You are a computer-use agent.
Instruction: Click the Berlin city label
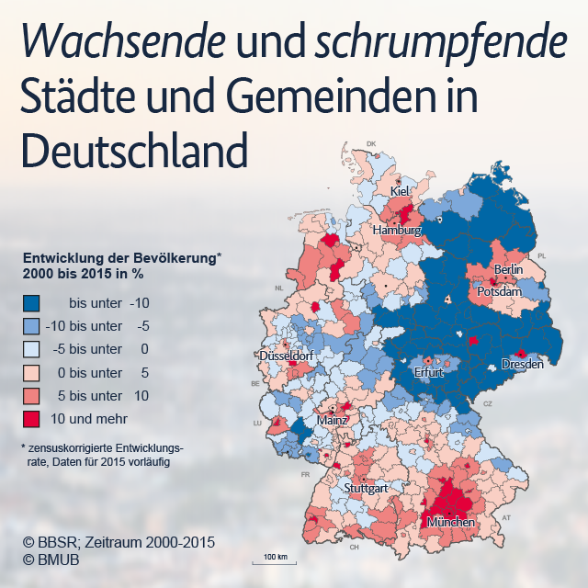(508, 269)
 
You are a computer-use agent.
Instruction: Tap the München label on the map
(451, 522)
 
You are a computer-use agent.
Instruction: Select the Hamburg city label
(397, 230)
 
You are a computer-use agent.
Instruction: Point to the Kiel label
(400, 191)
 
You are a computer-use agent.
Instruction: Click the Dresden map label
(523, 364)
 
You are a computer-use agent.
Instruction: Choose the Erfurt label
(429, 372)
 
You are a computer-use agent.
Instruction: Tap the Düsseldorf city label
(286, 356)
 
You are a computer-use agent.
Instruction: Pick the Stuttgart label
(366, 488)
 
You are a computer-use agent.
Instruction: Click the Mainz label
(333, 420)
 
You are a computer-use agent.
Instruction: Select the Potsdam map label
(499, 291)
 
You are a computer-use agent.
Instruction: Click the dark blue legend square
(31, 303)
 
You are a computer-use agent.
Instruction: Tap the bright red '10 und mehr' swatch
(31, 419)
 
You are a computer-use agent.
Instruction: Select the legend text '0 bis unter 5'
(103, 373)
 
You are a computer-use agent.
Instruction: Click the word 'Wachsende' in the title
(124, 40)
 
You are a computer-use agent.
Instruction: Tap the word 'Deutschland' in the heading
(135, 150)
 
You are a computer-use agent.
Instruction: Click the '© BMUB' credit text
(51, 560)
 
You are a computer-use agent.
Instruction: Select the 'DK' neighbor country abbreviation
(371, 143)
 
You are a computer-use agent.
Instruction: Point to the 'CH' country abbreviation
(354, 548)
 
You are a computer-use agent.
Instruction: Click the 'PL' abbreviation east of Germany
(541, 256)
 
